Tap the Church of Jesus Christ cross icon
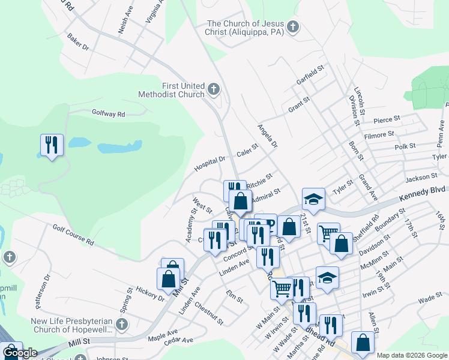[292, 27]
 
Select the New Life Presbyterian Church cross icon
[122, 325]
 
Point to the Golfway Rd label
[108, 113]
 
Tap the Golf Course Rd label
[73, 235]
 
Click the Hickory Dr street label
[150, 292]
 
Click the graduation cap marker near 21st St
[313, 199]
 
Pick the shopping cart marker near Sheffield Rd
[328, 233]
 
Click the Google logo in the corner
[20, 353]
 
